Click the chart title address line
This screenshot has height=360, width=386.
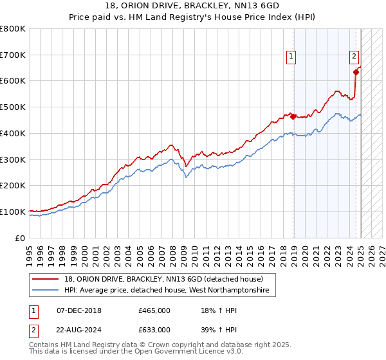click(x=193, y=6)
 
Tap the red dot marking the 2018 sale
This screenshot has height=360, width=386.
click(x=293, y=116)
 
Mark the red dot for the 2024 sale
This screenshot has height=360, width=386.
click(x=356, y=73)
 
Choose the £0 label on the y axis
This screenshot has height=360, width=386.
click(x=21, y=238)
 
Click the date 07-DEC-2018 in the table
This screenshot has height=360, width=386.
click(x=79, y=310)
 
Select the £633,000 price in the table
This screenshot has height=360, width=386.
click(x=154, y=329)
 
